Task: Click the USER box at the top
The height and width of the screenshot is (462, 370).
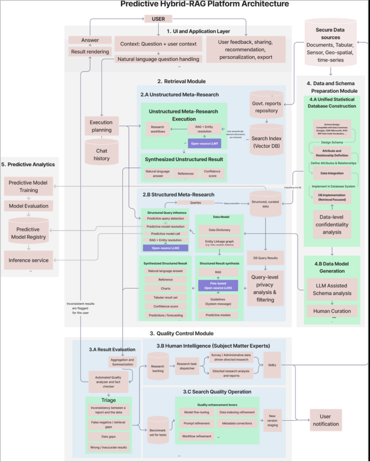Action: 158,19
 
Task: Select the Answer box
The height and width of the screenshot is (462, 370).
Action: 90,40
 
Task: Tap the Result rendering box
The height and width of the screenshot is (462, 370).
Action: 90,52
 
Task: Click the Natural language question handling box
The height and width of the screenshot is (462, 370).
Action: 158,59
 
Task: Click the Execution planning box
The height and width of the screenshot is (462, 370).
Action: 102,126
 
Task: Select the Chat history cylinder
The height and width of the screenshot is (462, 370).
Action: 102,152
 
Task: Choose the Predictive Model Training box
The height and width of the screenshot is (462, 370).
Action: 29,186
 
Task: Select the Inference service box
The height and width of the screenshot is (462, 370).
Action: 29,260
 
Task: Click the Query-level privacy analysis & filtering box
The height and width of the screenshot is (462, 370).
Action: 265,287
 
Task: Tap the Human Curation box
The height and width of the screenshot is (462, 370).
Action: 333,311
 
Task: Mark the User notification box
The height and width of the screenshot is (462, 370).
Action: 326,420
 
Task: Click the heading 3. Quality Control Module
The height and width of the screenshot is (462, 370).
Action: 176,333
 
